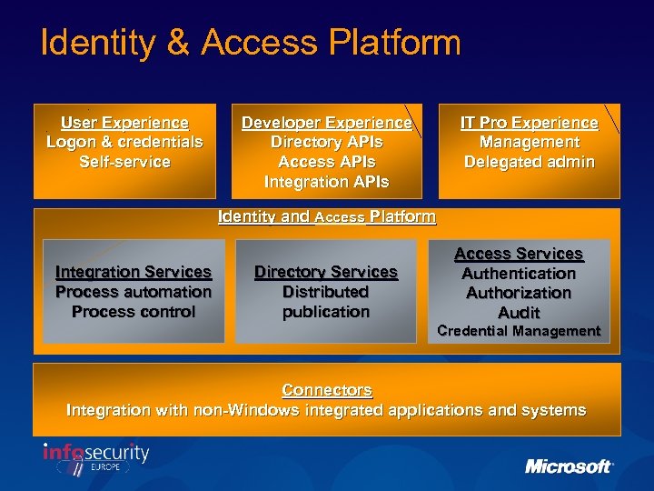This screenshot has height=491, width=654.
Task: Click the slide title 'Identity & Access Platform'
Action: [251, 43]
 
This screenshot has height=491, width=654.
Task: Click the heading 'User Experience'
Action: [124, 123]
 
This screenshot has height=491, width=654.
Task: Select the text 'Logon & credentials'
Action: [124, 143]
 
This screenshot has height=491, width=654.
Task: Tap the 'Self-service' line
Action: [124, 162]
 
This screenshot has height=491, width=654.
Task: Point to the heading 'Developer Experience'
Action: [326, 123]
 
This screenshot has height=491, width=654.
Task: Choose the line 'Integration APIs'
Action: [326, 182]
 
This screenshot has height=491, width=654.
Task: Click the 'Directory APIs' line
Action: [326, 143]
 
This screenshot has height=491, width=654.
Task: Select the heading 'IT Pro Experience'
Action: [529, 123]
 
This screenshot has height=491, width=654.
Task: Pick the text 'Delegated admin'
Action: [529, 162]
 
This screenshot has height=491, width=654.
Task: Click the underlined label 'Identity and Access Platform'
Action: [326, 217]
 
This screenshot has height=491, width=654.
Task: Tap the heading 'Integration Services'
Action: [133, 272]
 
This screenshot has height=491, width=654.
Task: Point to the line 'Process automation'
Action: [133, 292]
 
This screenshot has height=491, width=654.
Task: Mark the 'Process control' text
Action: [133, 312]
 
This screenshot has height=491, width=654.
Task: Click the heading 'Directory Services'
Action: [325, 272]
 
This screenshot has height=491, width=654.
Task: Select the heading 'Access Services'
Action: [519, 254]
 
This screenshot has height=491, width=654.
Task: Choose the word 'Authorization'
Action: [519, 293]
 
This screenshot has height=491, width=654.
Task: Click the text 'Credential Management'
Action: [519, 331]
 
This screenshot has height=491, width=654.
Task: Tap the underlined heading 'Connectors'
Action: [326, 390]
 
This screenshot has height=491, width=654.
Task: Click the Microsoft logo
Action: [569, 466]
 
